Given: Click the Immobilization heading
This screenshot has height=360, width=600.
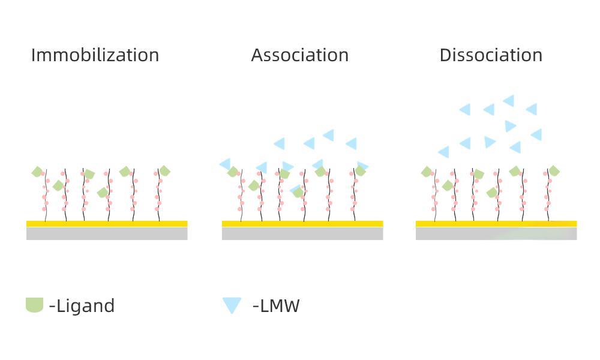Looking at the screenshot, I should click(x=95, y=55).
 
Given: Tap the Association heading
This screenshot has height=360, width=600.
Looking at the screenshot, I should click(x=299, y=55).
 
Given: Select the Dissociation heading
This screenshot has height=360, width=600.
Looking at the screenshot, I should click(x=491, y=55).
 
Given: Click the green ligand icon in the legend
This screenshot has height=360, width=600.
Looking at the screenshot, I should click(x=34, y=305).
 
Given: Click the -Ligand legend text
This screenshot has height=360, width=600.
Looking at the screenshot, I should click(x=82, y=306).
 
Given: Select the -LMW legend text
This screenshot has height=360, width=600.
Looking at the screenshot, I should click(x=276, y=306).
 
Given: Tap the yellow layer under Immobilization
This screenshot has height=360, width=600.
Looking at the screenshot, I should click(x=107, y=224).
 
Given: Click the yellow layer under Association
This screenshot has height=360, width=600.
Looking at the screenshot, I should click(x=302, y=224).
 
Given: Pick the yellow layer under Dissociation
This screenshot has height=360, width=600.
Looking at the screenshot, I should click(x=496, y=224).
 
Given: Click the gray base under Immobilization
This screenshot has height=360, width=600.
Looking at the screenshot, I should click(x=107, y=233).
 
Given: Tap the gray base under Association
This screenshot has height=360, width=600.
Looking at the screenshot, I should click(x=302, y=233).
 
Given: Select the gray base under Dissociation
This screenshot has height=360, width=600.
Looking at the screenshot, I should click(x=496, y=233).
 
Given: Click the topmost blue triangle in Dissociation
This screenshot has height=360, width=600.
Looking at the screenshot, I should click(x=509, y=100).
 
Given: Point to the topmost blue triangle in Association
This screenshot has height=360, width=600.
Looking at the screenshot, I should click(x=328, y=135).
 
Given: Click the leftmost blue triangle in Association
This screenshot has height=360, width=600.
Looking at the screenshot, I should click(x=225, y=163).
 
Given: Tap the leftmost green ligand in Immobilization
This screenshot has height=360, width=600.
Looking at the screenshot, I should click(x=37, y=172).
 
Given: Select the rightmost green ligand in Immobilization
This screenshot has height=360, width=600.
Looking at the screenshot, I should click(x=164, y=171).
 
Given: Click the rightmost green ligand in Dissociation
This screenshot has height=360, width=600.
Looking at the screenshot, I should click(x=554, y=171).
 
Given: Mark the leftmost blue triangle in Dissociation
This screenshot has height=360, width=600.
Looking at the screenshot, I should click(x=444, y=152).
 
